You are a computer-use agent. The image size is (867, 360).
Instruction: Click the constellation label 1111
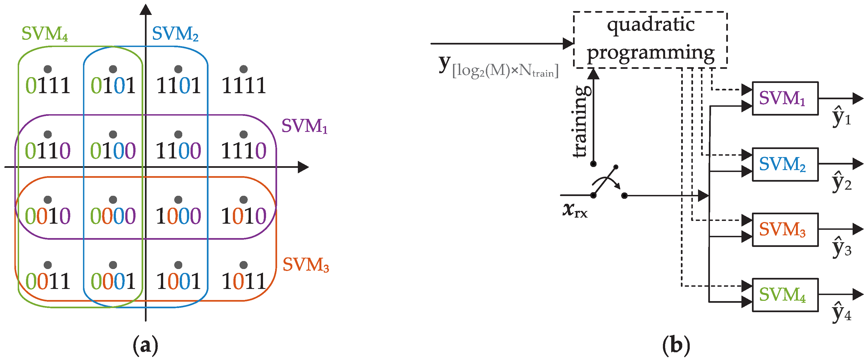(244, 85)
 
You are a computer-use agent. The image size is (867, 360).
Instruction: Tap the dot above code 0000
(113, 200)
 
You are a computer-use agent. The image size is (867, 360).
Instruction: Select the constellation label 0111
(48, 85)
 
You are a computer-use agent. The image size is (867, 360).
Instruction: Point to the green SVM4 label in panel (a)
(45, 34)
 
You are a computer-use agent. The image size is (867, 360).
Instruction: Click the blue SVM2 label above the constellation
(175, 34)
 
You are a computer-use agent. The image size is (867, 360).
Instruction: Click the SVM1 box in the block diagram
(785, 98)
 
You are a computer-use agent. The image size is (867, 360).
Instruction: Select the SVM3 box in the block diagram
(785, 229)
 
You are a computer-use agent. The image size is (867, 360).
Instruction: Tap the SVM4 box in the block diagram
(785, 295)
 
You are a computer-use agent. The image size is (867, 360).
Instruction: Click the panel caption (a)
(145, 346)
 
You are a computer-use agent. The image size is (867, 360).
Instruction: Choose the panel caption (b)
(676, 346)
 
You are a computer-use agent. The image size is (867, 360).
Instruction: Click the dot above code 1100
(178, 135)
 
